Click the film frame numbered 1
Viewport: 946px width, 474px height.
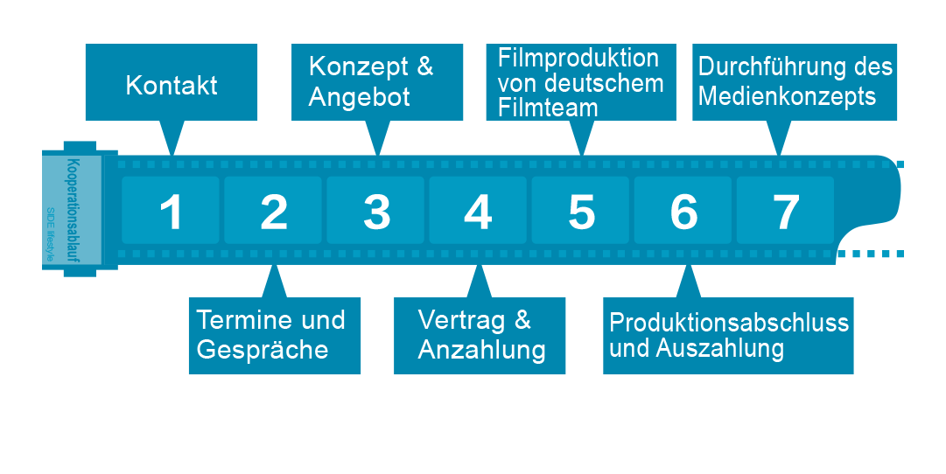point(172,211)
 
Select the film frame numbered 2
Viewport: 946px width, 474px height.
point(274,211)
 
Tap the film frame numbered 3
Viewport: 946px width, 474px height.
point(376,211)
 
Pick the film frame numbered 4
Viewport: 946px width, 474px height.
point(478,211)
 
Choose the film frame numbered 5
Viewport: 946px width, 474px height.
point(581,211)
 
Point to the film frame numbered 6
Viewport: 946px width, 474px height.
point(683,211)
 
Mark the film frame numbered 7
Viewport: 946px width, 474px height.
point(786,211)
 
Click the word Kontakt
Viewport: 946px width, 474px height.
point(172,86)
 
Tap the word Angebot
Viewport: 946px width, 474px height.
point(360,96)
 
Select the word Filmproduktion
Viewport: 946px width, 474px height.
point(578,59)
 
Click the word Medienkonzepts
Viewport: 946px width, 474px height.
point(787,95)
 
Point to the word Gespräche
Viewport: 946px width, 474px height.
point(263,350)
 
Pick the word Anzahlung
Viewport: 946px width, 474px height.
point(482,350)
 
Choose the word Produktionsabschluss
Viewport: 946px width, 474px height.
point(729,323)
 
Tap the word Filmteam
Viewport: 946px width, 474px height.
point(548,108)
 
